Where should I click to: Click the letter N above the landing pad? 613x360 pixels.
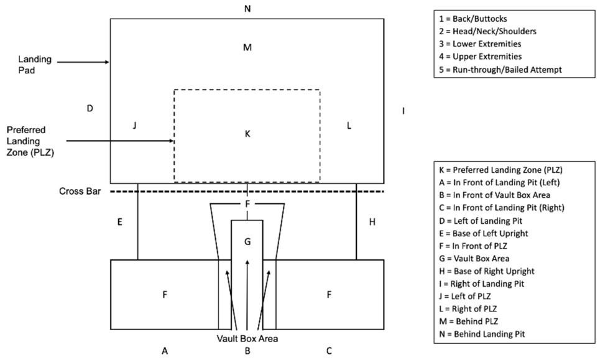(x=247, y=9)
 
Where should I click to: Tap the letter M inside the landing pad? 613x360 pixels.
(x=247, y=48)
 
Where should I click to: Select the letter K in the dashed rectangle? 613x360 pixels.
(x=247, y=134)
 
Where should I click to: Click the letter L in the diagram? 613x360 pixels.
(x=349, y=126)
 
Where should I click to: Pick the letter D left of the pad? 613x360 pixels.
(x=90, y=109)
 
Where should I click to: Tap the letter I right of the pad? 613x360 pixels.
(x=403, y=111)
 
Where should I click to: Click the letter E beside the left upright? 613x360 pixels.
(x=119, y=221)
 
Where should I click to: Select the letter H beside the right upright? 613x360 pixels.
(x=372, y=221)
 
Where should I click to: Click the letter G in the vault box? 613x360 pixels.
(x=247, y=241)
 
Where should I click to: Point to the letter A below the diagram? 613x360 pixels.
(x=165, y=351)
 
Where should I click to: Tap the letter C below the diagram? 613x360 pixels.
(x=329, y=351)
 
